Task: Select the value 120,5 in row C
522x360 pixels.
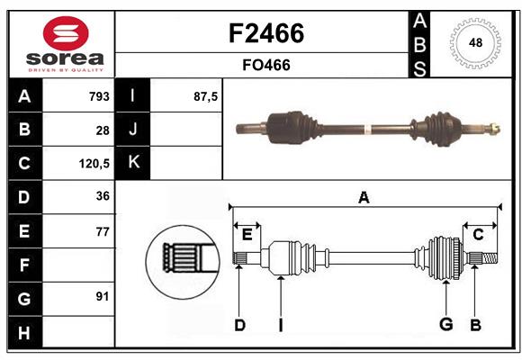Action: [94, 164]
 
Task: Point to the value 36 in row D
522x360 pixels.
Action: [103, 197]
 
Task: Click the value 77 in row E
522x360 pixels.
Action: [103, 231]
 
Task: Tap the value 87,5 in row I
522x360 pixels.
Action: [206, 96]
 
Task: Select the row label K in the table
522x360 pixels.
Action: [133, 163]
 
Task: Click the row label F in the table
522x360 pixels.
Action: [24, 265]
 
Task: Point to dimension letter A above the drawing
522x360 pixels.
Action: [364, 198]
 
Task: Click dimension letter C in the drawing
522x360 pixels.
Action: [479, 234]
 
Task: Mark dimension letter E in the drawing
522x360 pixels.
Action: [247, 234]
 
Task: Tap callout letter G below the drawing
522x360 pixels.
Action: [445, 325]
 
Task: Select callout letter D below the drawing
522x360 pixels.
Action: [239, 325]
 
